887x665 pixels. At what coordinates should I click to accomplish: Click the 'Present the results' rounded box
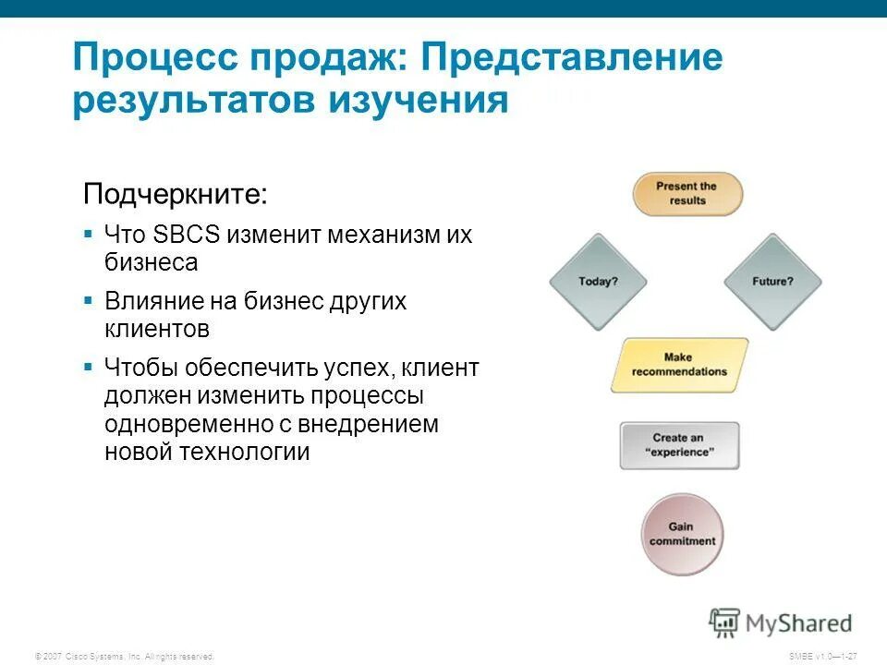point(687,194)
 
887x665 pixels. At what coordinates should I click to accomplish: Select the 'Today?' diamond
point(598,282)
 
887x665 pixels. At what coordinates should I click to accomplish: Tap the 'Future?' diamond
point(772,282)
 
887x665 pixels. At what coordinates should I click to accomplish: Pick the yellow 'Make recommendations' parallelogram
point(679,365)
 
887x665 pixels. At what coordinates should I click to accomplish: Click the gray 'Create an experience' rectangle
point(679,445)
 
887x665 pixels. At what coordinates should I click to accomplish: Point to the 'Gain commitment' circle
point(682,535)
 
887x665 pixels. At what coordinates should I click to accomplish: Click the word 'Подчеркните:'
point(176,195)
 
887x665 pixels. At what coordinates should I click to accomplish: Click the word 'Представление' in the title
point(572,59)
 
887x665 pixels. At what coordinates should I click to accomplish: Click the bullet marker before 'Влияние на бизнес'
point(88,300)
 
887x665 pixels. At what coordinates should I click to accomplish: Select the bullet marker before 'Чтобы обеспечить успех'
point(88,367)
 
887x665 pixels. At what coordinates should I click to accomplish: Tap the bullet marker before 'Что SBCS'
point(88,234)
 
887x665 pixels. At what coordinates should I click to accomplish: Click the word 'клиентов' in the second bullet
point(157,329)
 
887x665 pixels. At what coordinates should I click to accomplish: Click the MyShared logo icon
point(725,623)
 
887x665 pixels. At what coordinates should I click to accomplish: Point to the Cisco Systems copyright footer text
point(124,656)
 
